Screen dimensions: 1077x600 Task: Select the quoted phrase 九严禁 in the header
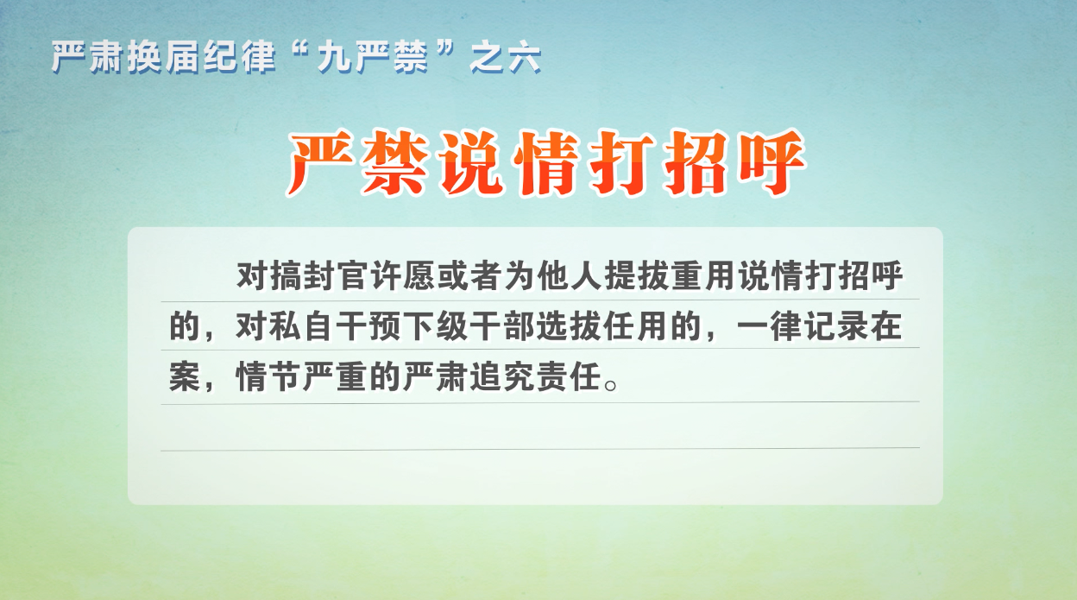pos(373,58)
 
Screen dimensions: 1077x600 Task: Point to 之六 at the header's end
pos(506,58)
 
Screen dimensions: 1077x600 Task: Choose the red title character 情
pos(548,163)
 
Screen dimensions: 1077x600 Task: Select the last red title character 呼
pos(771,163)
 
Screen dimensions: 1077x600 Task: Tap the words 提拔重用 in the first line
pos(670,276)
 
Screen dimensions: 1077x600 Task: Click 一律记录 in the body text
pos(804,326)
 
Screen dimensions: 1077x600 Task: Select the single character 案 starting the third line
pos(184,377)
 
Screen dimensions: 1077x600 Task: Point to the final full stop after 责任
pos(611,385)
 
